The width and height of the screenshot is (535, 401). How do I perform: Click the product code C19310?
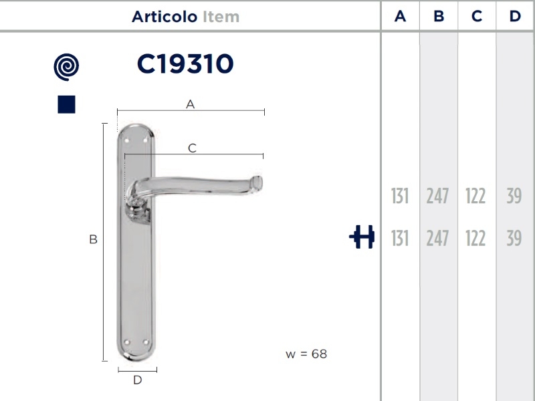coord(185,63)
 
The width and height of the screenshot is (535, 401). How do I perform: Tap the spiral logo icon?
coord(66,68)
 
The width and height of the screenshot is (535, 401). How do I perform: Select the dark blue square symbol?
coord(66,104)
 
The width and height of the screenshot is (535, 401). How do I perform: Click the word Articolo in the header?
coord(165,17)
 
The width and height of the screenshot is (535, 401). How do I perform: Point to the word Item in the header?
coord(221,17)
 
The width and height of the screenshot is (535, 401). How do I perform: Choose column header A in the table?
coord(400,16)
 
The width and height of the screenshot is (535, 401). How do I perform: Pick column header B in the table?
coord(439,16)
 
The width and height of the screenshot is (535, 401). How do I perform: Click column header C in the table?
coord(477,16)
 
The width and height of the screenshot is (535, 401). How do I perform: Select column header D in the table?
coord(515,16)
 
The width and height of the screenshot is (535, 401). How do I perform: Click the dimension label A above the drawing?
coord(191,104)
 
